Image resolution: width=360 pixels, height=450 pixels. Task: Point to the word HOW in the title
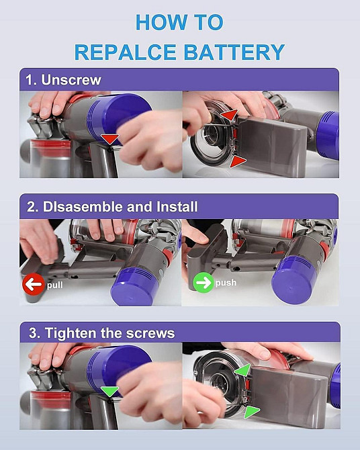(x=159, y=21)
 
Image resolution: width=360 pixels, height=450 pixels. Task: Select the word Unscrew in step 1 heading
(x=71, y=80)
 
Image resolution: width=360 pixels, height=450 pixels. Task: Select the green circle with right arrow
(x=202, y=282)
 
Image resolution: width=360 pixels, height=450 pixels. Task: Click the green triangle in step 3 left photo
(x=109, y=391)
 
